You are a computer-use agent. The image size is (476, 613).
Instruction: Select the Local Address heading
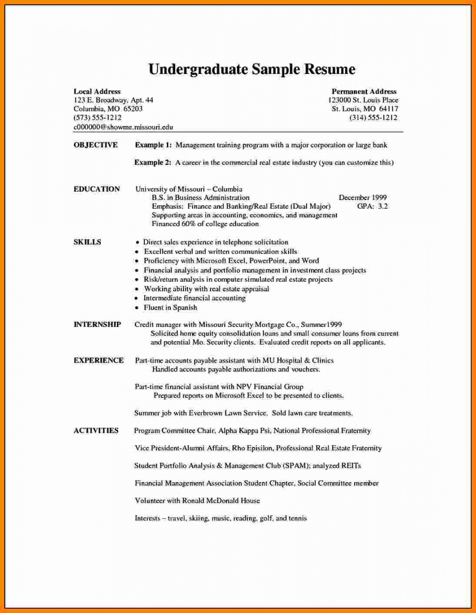click(x=97, y=91)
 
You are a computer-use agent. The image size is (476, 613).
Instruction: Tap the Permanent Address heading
click(x=364, y=91)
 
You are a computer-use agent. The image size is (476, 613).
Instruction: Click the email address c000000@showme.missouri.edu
click(x=123, y=127)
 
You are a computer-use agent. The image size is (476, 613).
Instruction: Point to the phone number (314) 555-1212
click(x=373, y=118)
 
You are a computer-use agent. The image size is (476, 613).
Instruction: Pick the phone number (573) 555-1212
click(x=98, y=118)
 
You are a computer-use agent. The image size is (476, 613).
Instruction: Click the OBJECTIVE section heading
click(x=96, y=145)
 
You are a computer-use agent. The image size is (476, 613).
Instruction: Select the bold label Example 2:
click(x=153, y=163)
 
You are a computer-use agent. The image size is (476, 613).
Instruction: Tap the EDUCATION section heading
click(x=97, y=189)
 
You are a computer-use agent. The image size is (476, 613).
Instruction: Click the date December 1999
click(x=363, y=198)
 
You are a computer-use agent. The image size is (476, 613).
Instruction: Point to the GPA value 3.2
click(x=382, y=206)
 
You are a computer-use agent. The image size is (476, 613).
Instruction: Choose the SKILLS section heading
click(x=87, y=242)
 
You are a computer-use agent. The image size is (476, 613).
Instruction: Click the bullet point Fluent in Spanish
click(x=170, y=308)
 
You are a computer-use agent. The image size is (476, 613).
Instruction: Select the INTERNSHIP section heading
click(x=98, y=325)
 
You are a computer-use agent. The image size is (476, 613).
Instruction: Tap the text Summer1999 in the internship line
click(x=321, y=325)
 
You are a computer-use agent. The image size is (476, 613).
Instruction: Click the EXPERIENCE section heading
click(x=98, y=360)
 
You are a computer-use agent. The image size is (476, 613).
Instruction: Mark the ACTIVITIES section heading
click(x=96, y=430)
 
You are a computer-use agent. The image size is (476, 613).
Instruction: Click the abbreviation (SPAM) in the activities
click(x=295, y=466)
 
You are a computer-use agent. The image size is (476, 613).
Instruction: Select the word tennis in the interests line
click(x=297, y=518)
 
